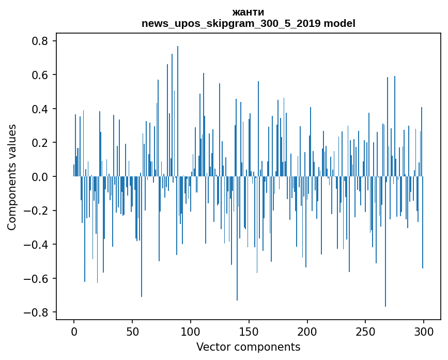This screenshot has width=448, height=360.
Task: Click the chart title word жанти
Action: (248, 12)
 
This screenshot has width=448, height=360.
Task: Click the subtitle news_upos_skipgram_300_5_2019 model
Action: (248, 23)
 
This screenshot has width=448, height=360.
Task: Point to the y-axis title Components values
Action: (12, 177)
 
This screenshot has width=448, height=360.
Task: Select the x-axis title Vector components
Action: (248, 347)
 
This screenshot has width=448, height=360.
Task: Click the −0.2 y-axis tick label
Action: (38, 211)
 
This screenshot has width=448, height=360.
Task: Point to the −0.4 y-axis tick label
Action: (38, 245)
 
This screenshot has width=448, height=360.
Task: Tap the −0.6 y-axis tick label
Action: (38, 279)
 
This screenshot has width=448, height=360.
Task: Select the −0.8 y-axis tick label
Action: (38, 312)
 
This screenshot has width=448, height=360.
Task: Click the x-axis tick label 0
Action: (74, 331)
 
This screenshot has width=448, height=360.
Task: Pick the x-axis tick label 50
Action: (132, 331)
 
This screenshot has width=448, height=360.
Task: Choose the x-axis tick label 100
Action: (191, 331)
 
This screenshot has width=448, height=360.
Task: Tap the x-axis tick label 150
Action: (249, 331)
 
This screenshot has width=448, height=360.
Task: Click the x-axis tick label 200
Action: (307, 331)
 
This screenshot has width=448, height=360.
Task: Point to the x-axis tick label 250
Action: (366, 331)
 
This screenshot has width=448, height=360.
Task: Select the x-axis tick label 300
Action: (424, 331)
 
